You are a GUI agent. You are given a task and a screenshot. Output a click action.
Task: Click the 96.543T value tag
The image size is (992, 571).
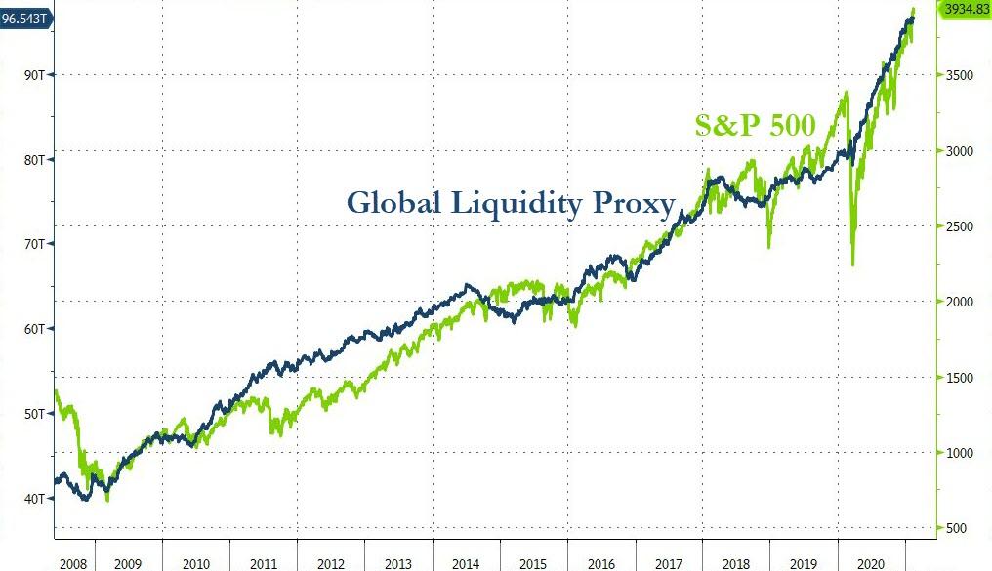[x=25, y=17]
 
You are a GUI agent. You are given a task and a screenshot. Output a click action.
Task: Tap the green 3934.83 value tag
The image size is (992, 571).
[x=965, y=9]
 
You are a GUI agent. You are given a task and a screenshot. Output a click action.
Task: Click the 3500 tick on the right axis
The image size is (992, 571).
[x=959, y=75]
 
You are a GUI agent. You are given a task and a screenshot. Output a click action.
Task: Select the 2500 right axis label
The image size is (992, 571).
[x=959, y=226]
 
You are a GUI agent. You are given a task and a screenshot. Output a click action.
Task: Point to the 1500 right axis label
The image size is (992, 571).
[x=959, y=378]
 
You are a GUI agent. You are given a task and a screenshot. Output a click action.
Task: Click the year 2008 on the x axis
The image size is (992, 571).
[x=74, y=563]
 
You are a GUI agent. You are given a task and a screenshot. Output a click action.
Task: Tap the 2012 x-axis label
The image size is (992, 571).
[x=330, y=563]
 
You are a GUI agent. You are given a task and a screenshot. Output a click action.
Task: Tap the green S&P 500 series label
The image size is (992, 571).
[x=754, y=125]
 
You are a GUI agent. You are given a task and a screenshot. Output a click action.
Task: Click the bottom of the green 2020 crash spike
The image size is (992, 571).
[x=852, y=265]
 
